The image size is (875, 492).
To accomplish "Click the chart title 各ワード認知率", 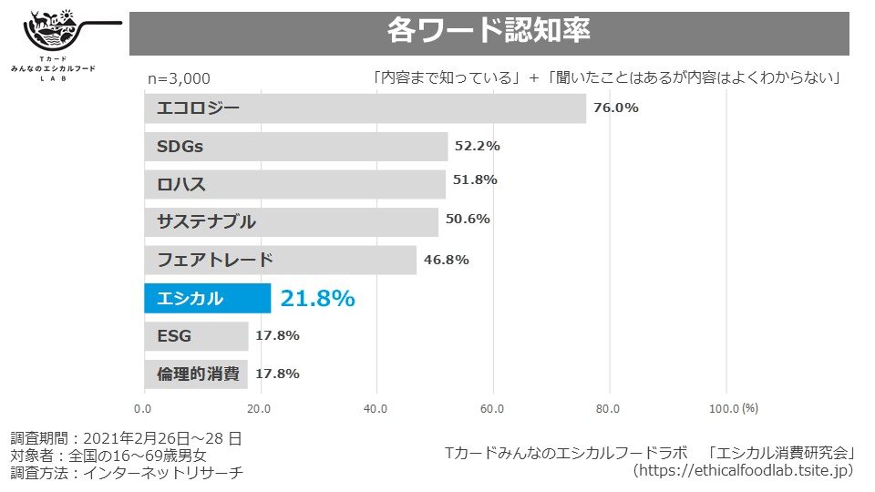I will coord(489,31).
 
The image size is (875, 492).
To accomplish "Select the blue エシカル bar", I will coord(207,298).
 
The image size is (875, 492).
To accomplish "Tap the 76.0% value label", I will coord(616,108).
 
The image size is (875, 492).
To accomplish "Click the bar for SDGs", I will coord(295,147).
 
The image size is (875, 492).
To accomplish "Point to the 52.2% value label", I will coord(478,146).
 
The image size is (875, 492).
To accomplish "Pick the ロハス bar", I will coord(294,184).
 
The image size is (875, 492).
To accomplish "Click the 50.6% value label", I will coord(468,219).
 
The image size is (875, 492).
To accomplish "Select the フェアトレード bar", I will coord(280,260).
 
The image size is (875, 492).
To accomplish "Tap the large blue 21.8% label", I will coord(317,298).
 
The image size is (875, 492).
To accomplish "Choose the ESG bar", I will coord(196,336).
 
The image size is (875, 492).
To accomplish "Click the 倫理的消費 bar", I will coord(196,374).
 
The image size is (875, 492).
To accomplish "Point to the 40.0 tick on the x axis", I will coord(376,408).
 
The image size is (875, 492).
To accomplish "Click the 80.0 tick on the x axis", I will coord(609,408).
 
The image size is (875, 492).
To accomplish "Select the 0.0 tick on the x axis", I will coord(144,408).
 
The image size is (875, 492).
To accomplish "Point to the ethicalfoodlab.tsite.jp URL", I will coord(743,470).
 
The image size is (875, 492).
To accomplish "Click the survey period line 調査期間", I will coord(126,437).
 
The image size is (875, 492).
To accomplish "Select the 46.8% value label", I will coord(447,260).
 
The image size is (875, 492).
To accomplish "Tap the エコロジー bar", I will coord(365,108).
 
